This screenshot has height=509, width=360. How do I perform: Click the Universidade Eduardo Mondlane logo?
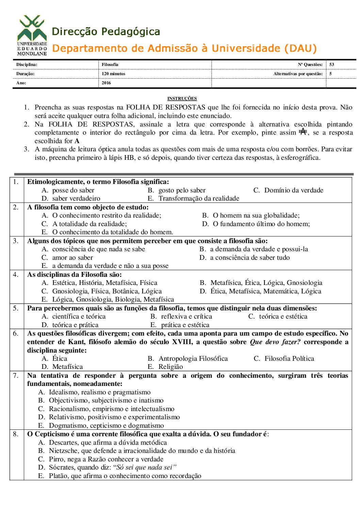tap(32, 35)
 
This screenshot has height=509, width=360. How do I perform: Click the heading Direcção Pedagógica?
tap(106, 32)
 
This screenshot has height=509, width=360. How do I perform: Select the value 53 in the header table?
tap(332, 65)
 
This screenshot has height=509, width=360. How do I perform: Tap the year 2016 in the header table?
tap(106, 83)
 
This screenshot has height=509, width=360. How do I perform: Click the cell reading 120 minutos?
tap(113, 74)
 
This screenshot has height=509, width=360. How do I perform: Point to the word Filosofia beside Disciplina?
tap(110, 65)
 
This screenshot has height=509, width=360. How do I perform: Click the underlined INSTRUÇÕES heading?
tap(182, 99)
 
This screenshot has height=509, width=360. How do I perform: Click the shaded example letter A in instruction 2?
tap(303, 131)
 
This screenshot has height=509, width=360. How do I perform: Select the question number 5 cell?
tap(16, 308)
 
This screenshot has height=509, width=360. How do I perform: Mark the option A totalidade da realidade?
tap(89, 224)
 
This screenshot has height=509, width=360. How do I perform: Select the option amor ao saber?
tap(72, 258)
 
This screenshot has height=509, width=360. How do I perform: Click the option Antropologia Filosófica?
tap(193, 359)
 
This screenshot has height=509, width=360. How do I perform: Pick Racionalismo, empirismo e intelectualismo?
tap(111, 409)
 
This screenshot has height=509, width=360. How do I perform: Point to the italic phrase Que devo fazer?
tap(275, 342)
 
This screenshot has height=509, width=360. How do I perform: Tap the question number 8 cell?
tap(16, 434)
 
